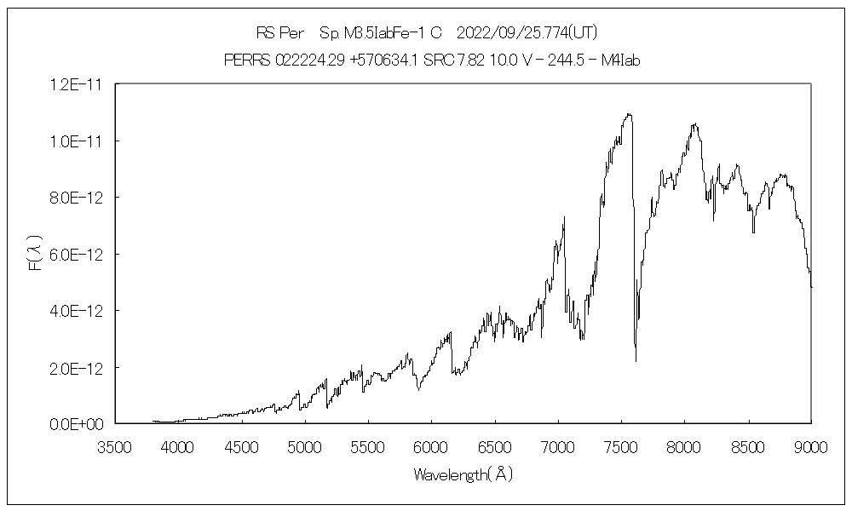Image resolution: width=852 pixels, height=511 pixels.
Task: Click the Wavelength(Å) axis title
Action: [463, 474]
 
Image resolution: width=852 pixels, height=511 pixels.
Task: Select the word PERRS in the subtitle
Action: [245, 60]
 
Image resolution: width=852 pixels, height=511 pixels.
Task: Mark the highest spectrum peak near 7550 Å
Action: [629, 113]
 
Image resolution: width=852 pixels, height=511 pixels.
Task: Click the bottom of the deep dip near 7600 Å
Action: [636, 361]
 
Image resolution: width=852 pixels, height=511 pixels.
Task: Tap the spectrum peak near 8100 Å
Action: [695, 124]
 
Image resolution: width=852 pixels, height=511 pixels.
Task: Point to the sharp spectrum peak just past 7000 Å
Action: [564, 217]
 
